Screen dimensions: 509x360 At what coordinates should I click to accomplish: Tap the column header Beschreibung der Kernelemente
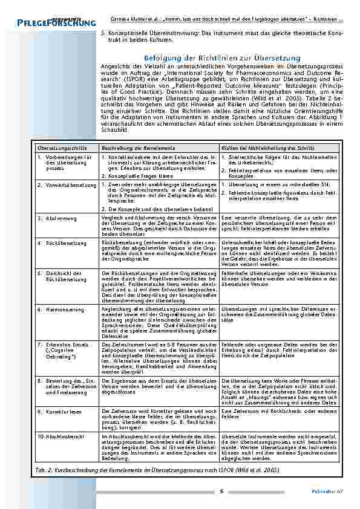[x=134, y=148]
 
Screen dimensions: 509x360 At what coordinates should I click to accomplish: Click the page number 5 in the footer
[x=221, y=491]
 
